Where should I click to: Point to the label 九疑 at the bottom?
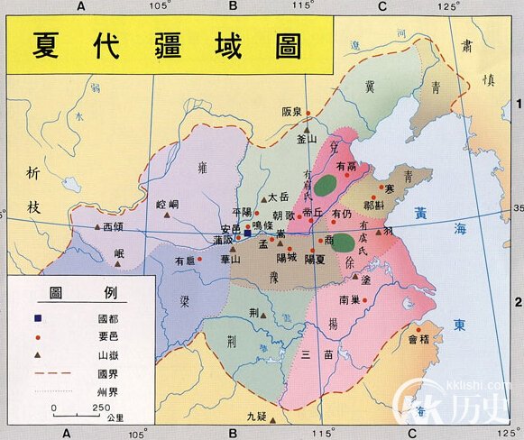pyautogui.click(x=258, y=416)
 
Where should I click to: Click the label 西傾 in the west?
pyautogui.click(x=113, y=227)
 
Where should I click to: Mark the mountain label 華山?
pyautogui.click(x=231, y=259)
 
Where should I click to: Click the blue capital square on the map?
pyautogui.click(x=246, y=233)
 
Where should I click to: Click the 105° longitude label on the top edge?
pyautogui.click(x=161, y=6)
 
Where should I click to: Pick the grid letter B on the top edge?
pyautogui.click(x=233, y=6)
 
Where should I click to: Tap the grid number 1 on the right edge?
pyautogui.click(x=518, y=105)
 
